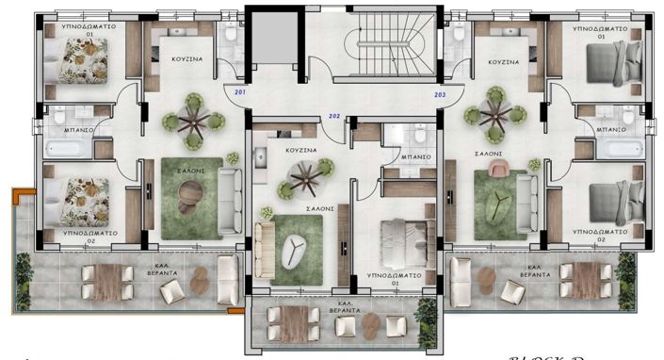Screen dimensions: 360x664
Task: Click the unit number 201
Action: point(239,92)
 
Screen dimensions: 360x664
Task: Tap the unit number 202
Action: point(333,116)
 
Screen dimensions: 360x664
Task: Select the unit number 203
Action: point(440,94)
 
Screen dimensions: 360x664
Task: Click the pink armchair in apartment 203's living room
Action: point(497,171)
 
